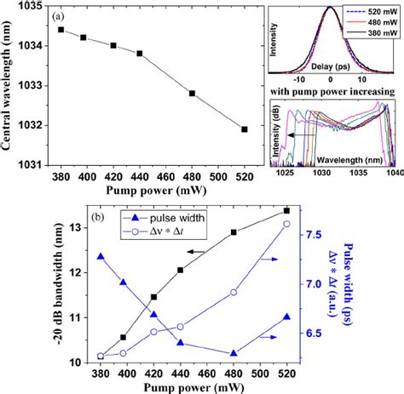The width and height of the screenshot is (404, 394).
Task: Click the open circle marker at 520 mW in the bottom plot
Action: coord(286,224)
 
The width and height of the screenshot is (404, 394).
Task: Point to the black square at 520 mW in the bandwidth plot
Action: coord(286,210)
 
